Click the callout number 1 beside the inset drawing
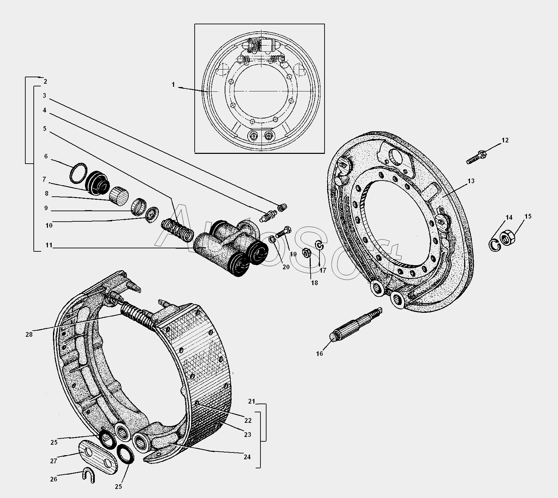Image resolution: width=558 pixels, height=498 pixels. tap(173, 85)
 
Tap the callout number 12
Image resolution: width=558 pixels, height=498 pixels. tap(505, 140)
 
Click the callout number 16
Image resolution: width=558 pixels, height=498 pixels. tap(319, 354)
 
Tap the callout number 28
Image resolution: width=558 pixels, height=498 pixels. tap(29, 334)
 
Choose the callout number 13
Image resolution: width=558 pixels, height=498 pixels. tap(471, 181)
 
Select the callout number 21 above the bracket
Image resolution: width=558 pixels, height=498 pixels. tap(251, 401)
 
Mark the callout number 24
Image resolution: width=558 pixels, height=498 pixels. tap(247, 457)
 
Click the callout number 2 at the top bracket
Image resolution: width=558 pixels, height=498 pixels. tap(45, 81)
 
